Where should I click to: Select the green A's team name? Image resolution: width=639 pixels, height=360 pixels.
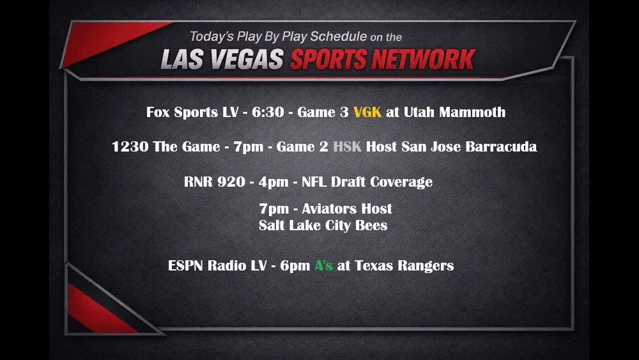pos(323,265)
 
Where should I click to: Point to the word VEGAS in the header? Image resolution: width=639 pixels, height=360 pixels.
pos(250,60)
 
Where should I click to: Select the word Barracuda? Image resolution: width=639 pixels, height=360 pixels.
pos(504,147)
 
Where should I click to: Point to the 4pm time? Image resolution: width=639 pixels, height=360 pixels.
pos(272,182)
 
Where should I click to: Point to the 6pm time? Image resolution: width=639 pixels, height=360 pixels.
pos(295,265)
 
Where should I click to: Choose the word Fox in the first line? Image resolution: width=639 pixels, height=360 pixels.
pos(159,113)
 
